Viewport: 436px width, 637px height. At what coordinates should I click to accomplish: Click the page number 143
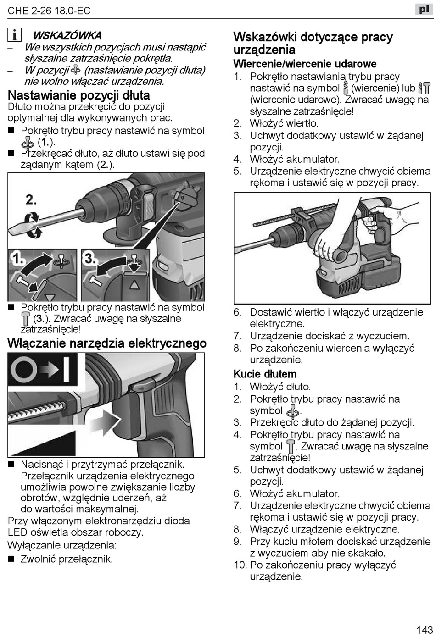425,629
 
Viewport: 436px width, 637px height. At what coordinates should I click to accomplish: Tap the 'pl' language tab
424,9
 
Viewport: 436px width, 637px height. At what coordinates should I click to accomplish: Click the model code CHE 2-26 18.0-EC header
49,11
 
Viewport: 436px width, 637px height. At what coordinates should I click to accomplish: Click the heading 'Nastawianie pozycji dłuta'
79,95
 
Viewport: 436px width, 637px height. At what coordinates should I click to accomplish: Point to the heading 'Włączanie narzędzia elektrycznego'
107,343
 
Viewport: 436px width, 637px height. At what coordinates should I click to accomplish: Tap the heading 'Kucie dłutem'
265,374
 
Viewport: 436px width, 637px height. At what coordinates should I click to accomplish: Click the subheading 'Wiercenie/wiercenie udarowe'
305,64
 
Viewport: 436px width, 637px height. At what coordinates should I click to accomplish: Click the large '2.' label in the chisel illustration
31,200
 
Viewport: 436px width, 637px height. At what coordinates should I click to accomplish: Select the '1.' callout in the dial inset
17,260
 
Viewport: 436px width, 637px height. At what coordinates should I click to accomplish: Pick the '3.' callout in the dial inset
90,259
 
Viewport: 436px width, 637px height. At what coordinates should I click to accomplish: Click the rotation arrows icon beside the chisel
32,224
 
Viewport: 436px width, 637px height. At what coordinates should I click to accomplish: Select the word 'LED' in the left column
17,532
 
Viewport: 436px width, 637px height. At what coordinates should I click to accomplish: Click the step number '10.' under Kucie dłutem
240,565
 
